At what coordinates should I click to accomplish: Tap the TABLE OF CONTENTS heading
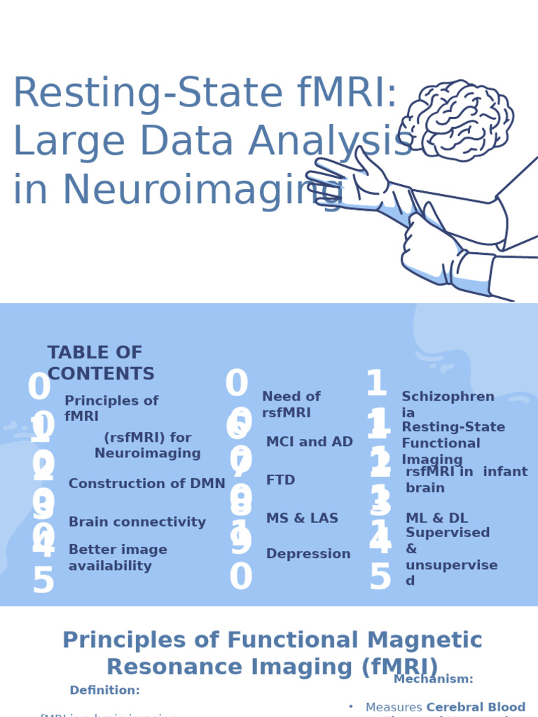pyautogui.click(x=100, y=363)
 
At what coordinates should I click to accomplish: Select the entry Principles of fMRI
pyautogui.click(x=111, y=409)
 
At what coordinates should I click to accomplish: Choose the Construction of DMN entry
pyautogui.click(x=147, y=484)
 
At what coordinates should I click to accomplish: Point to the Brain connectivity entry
pyautogui.click(x=137, y=522)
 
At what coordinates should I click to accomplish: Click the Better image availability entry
pyautogui.click(x=118, y=558)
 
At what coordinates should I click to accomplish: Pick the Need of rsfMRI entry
pyautogui.click(x=291, y=405)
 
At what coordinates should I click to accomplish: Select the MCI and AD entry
pyautogui.click(x=309, y=442)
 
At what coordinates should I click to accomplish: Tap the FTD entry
pyautogui.click(x=280, y=480)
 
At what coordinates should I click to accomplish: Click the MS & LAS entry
pyautogui.click(x=302, y=519)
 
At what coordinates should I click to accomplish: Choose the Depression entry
pyautogui.click(x=308, y=554)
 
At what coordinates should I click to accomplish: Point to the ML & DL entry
pyautogui.click(x=436, y=518)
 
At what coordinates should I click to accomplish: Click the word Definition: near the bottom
pyautogui.click(x=104, y=690)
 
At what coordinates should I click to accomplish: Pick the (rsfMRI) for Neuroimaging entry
pyautogui.click(x=147, y=445)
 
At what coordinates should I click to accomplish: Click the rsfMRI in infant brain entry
pyautogui.click(x=466, y=480)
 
